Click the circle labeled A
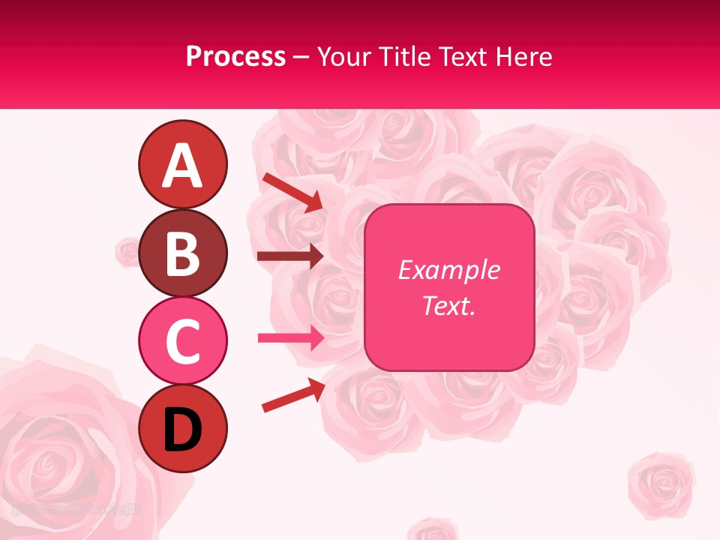pyautogui.click(x=182, y=165)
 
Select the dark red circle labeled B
pyautogui.click(x=182, y=253)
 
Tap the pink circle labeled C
pyautogui.click(x=182, y=340)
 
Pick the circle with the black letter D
pyautogui.click(x=182, y=428)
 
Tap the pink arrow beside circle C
pyautogui.click(x=290, y=338)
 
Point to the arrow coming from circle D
pyautogui.click(x=292, y=394)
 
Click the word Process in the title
pyautogui.click(x=235, y=56)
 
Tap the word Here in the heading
pyautogui.click(x=525, y=56)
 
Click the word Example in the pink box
pyautogui.click(x=448, y=270)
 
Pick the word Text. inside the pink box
pyautogui.click(x=448, y=305)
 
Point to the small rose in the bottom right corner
pyautogui.click(x=657, y=480)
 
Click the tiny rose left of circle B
pyautogui.click(x=128, y=251)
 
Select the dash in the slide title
pyautogui.click(x=301, y=57)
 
